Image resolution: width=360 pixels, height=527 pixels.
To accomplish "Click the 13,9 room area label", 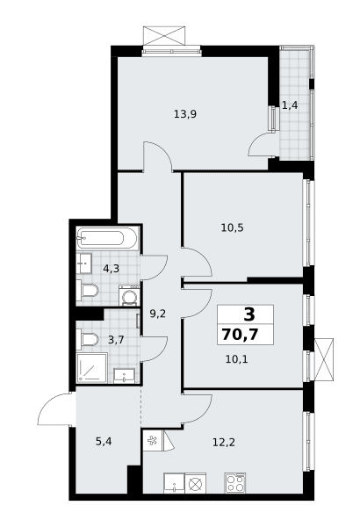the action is pyautogui.click(x=185, y=114).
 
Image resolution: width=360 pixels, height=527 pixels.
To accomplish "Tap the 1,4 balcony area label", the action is pyautogui.click(x=290, y=105).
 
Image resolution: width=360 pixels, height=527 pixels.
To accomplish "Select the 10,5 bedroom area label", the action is pyautogui.click(x=233, y=228).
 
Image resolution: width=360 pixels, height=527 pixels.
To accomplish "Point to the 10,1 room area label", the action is pyautogui.click(x=237, y=359).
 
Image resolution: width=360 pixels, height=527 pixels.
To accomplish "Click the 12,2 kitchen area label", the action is pyautogui.click(x=224, y=443).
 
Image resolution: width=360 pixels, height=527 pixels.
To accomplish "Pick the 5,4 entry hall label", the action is pyautogui.click(x=104, y=442).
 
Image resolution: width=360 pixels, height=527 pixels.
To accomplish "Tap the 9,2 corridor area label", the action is pyautogui.click(x=158, y=314).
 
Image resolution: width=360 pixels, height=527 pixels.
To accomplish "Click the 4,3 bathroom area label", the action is pyautogui.click(x=112, y=269).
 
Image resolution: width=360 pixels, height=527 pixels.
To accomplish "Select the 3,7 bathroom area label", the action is pyautogui.click(x=116, y=339).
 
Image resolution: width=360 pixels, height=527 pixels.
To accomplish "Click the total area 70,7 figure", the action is pyautogui.click(x=240, y=335).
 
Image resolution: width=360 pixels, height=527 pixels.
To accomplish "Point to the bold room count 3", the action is pyautogui.click(x=249, y=314).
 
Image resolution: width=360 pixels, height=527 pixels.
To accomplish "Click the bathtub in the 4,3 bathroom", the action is pyautogui.click(x=107, y=238).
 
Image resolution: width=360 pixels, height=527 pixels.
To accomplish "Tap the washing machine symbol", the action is pyautogui.click(x=129, y=296).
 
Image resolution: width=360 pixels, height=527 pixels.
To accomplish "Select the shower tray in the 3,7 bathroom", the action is pyautogui.click(x=92, y=368).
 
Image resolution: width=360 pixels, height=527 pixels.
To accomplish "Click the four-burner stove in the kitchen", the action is pyautogui.click(x=235, y=483).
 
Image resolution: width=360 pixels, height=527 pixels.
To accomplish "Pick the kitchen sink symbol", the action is pyautogui.click(x=174, y=483).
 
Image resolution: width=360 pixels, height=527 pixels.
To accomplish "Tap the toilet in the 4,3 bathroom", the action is pyautogui.click(x=87, y=290).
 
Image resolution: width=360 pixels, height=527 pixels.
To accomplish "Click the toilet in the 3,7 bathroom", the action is pyautogui.click(x=87, y=339).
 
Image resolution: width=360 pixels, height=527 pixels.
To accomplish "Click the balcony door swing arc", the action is pyautogui.click(x=261, y=145).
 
